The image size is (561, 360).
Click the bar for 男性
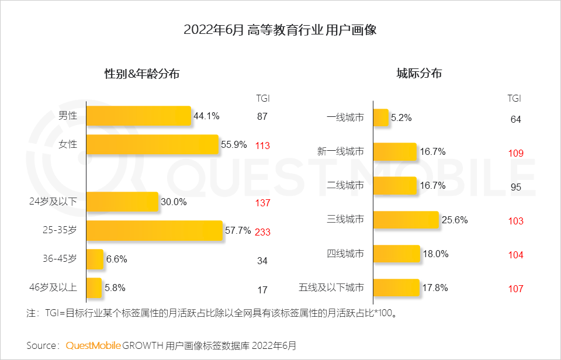[139, 116]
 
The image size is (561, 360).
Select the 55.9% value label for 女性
[234, 144]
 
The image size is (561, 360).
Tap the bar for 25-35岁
[155, 230]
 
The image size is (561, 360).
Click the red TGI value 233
[262, 231]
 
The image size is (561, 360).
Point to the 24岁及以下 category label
[61, 202]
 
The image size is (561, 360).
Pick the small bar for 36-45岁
[95, 259]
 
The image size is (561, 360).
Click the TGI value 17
[262, 289]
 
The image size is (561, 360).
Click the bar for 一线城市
[380, 117]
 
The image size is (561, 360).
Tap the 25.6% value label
[455, 220]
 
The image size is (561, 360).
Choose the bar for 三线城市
[406, 220]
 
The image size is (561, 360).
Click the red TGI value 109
[515, 153]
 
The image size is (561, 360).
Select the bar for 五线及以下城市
[396, 288]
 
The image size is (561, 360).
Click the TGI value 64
[515, 119]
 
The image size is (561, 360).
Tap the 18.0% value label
[436, 254]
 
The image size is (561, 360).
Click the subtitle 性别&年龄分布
[142, 74]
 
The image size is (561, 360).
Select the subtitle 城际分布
[419, 74]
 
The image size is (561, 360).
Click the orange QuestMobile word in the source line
[93, 345]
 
